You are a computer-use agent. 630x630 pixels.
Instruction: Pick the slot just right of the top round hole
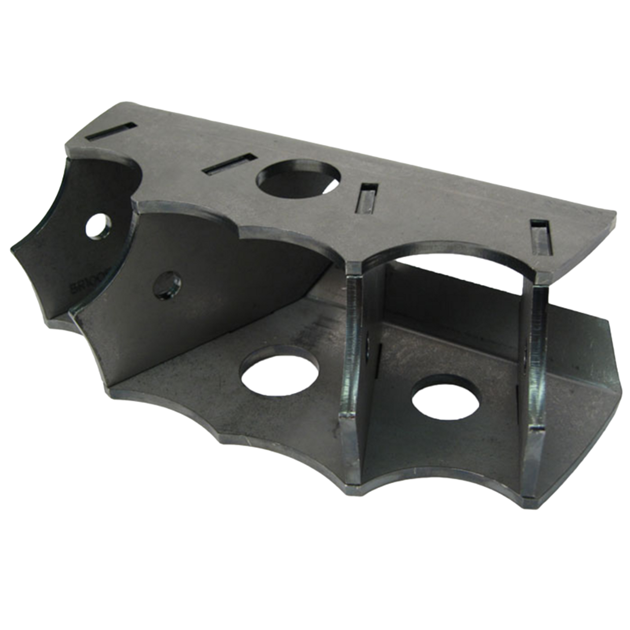pos(368,198)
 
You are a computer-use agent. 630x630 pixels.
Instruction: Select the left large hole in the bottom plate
pos(279,373)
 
